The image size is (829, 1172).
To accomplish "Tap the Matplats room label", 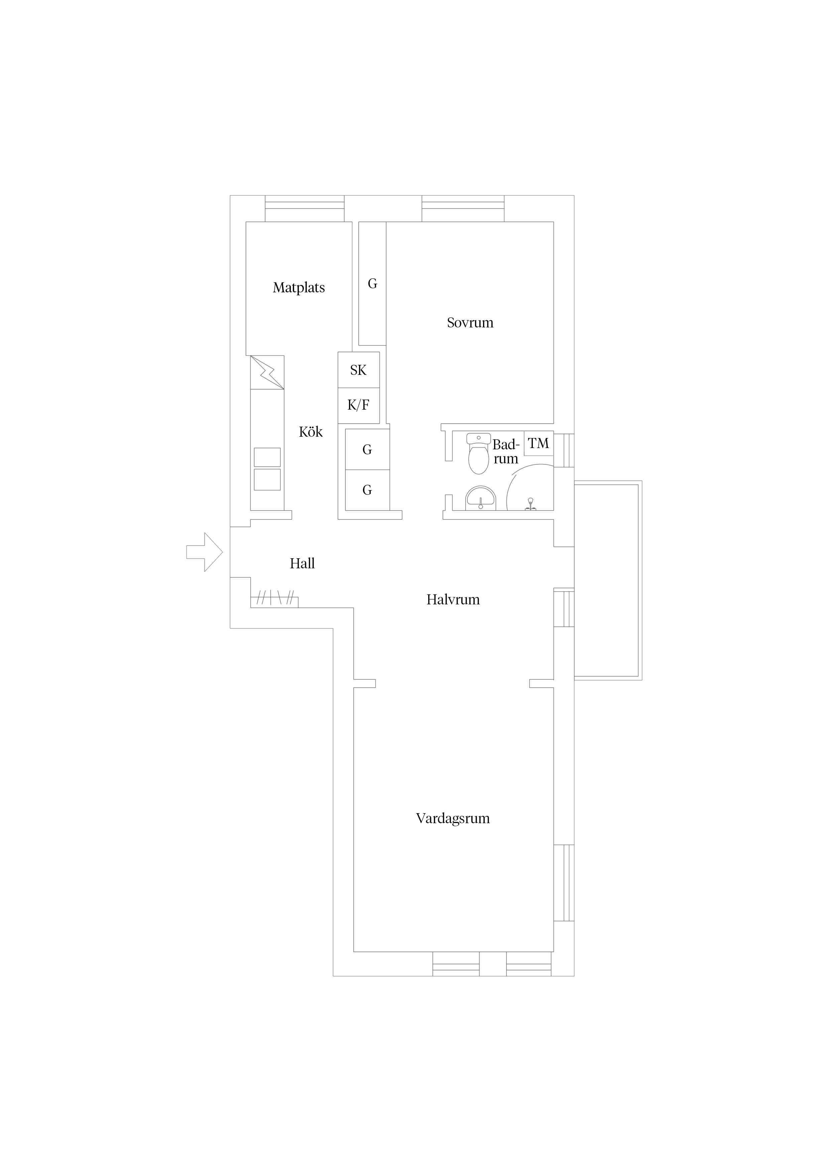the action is point(299,288).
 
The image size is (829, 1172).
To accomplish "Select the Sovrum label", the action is point(470,323).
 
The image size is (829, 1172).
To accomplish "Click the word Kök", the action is point(311,432).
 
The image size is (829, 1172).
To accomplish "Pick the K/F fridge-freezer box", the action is point(359,405).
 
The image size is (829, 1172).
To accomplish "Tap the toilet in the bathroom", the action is point(479,453).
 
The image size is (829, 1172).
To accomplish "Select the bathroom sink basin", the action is point(481,498).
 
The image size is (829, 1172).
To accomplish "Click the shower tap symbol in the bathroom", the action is point(531,504).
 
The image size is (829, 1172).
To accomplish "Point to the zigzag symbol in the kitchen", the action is point(267,372).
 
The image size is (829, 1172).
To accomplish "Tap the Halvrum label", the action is point(453,600).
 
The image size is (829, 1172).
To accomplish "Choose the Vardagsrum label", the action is point(453,819).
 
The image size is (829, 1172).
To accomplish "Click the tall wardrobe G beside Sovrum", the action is point(372,284).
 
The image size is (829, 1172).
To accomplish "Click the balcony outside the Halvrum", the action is point(608,580).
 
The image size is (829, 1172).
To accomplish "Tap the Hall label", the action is point(303,564).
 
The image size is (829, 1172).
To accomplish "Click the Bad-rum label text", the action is point(506,452).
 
